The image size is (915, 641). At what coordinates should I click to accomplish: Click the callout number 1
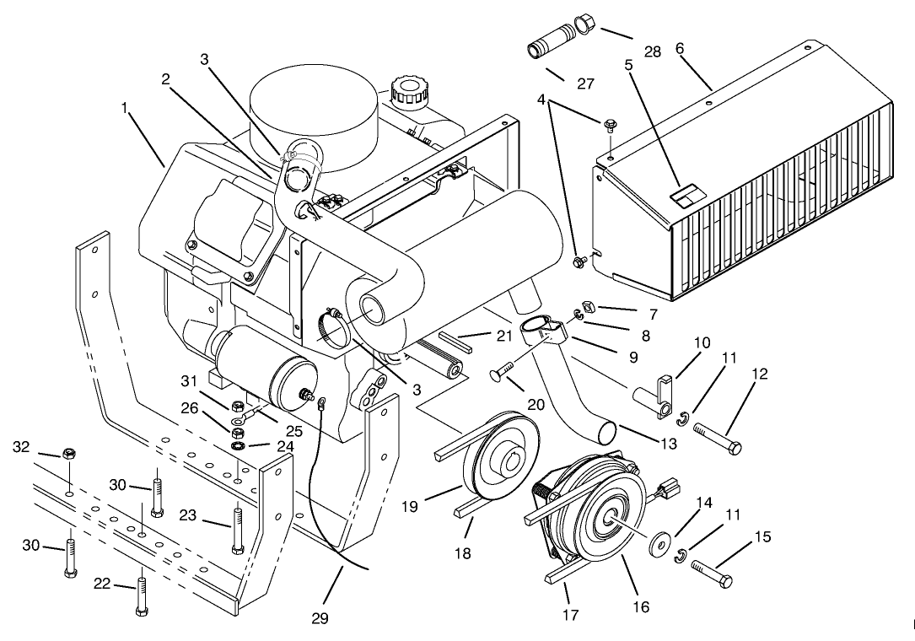coord(126,108)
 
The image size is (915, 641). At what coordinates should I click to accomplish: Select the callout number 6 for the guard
coord(680,49)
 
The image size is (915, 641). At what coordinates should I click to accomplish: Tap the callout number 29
coord(319,619)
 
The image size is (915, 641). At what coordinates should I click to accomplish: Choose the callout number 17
coord(571,615)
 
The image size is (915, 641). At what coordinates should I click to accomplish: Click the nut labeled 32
coord(70,454)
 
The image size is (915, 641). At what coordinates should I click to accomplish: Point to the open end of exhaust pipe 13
coord(606,433)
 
